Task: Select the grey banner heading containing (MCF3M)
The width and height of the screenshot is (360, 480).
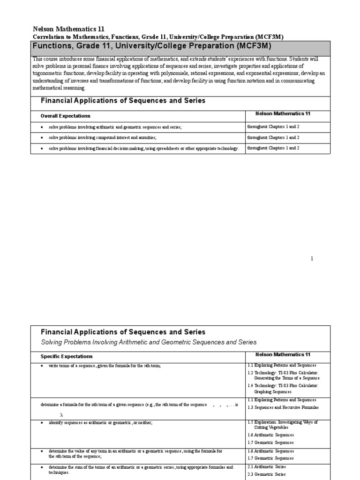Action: click(151, 47)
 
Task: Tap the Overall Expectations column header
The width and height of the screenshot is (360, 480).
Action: click(66, 116)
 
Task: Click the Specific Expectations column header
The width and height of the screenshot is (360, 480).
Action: click(67, 356)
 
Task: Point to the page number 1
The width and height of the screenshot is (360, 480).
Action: click(312, 259)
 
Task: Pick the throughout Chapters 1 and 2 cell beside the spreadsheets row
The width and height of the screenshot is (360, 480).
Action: click(273, 148)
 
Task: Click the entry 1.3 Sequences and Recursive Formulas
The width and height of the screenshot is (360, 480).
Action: click(277, 408)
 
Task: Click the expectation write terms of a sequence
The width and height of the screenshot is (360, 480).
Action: click(104, 366)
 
